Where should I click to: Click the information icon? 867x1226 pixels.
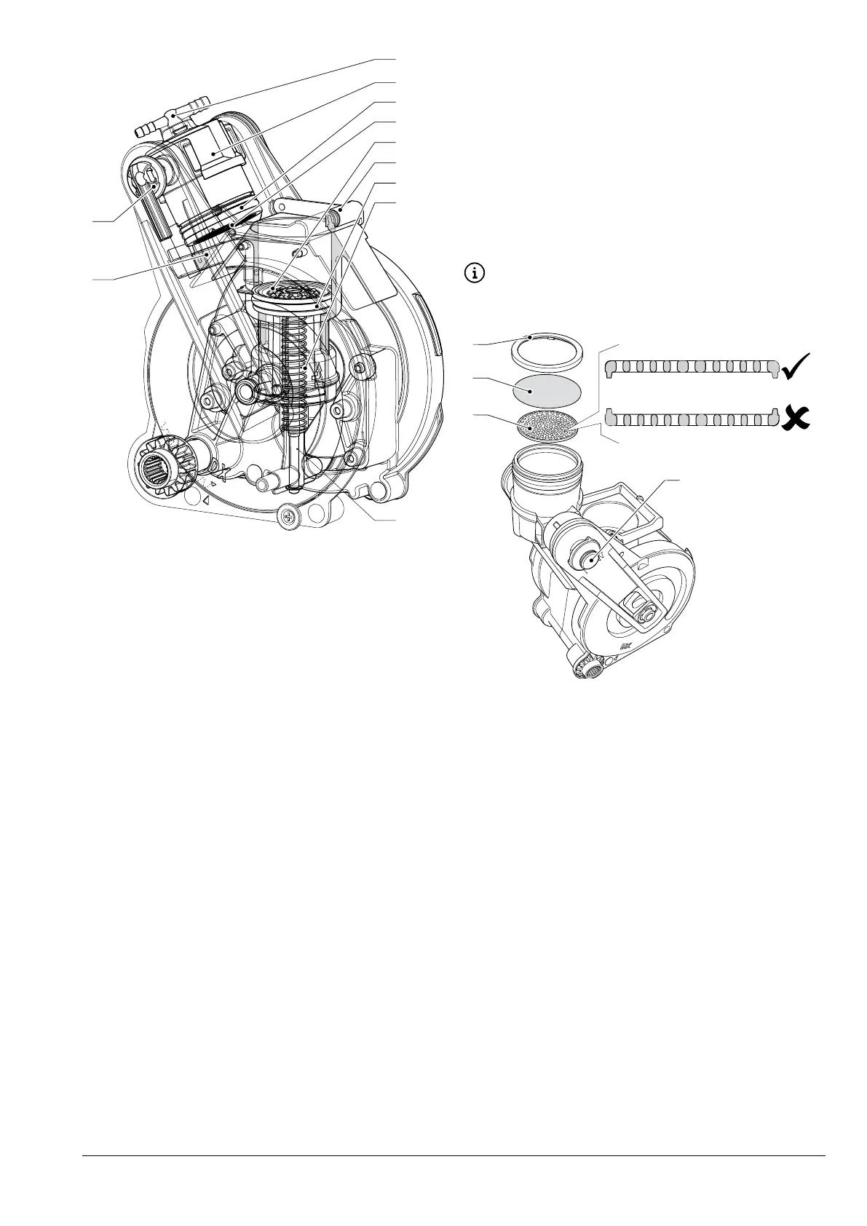coord(475,274)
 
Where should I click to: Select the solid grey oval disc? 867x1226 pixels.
coord(547,391)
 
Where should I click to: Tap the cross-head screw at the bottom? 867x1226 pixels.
coord(288,518)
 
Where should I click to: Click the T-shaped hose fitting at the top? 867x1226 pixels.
coord(173,117)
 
